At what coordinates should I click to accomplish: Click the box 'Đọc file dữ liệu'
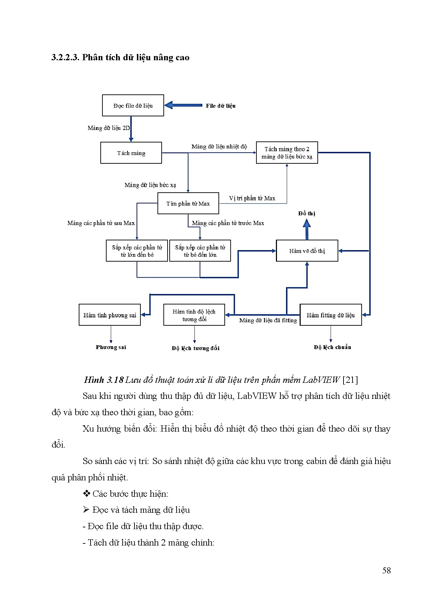click(133, 106)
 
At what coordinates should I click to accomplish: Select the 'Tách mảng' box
click(131, 153)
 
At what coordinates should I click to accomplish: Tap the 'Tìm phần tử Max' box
click(188, 203)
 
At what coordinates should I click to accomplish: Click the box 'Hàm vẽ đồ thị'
click(307, 251)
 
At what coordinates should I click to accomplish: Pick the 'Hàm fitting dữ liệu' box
click(331, 315)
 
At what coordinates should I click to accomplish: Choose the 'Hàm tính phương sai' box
click(110, 315)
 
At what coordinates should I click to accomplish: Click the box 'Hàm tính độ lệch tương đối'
click(194, 315)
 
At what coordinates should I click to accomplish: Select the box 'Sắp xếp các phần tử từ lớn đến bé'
click(137, 251)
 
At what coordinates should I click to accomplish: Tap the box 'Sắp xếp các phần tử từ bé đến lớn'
click(200, 251)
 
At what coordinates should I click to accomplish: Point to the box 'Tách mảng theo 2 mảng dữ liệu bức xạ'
click(287, 153)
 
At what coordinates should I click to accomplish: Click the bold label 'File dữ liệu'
click(221, 106)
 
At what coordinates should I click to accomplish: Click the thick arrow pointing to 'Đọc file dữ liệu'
click(183, 105)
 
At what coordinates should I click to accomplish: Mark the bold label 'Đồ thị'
click(307, 214)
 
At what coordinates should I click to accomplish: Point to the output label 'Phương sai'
click(111, 347)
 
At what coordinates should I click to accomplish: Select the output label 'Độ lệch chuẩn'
click(332, 347)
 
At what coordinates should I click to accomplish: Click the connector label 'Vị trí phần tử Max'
click(252, 199)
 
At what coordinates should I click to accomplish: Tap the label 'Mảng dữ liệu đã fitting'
click(268, 320)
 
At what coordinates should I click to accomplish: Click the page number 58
click(386, 571)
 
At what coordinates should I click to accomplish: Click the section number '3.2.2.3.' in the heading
click(65, 57)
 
